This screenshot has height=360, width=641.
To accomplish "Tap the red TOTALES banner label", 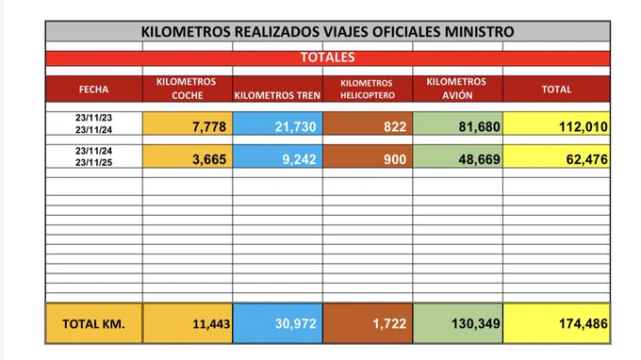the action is (x=327, y=57).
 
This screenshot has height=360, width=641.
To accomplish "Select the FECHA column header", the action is (x=93, y=90).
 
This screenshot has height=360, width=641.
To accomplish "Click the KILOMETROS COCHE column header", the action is (x=187, y=89).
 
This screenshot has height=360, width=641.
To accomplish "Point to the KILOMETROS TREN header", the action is (x=277, y=95).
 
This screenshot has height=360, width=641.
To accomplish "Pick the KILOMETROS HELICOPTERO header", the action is (x=368, y=90).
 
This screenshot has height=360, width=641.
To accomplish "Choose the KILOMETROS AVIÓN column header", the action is (x=456, y=89).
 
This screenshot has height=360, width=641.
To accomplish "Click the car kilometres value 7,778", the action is (x=209, y=126).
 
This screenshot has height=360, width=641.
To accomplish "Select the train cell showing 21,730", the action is (x=296, y=126).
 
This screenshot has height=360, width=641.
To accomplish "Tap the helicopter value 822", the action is (x=395, y=126).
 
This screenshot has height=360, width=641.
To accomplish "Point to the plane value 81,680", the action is (x=479, y=126).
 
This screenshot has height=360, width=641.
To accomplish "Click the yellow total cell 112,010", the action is (x=583, y=126).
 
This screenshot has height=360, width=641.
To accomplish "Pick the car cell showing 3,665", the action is (x=209, y=159).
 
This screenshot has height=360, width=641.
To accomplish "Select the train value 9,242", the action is (x=299, y=159).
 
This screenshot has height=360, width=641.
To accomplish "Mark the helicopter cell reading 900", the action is (x=395, y=159).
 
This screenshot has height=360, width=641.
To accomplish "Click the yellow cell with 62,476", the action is (x=587, y=159).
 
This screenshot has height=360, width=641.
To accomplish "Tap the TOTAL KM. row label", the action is (x=93, y=324).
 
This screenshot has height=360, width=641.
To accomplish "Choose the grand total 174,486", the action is (x=583, y=323).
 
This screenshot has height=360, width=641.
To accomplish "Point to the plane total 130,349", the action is (x=476, y=323).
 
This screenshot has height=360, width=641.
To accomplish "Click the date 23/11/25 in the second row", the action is (x=93, y=162).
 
